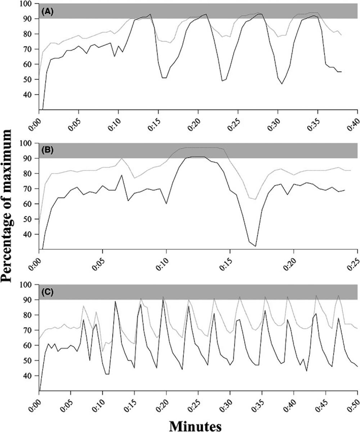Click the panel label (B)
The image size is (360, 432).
(48, 151)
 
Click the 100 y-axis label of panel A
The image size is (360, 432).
(32, 4)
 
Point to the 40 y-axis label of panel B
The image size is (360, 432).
(33, 234)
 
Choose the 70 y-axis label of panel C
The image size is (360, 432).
(33, 330)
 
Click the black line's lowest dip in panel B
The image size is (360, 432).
(255, 246)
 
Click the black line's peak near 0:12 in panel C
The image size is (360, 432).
(115, 301)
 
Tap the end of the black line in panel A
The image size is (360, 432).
(341, 72)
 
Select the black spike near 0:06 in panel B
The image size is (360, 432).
(122, 175)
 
